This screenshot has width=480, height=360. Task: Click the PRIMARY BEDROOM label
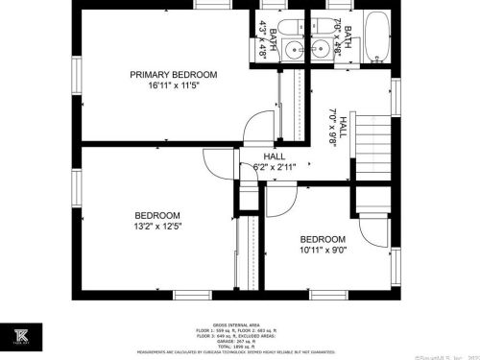[x=174, y=75]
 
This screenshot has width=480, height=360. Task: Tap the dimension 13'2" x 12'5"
[x=157, y=227]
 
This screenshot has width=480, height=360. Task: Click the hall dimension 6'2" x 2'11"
[x=275, y=167]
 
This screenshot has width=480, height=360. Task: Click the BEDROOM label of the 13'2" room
[x=157, y=214]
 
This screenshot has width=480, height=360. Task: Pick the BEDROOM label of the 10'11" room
[x=322, y=240]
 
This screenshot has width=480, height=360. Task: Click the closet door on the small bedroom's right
[x=368, y=236]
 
